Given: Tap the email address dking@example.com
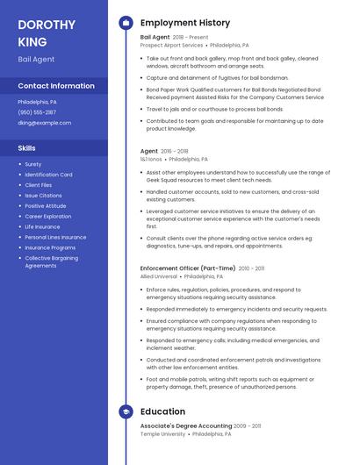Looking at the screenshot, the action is point(44,123).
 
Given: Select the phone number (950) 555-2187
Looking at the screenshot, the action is point(37,112).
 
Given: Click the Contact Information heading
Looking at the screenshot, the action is point(56,86).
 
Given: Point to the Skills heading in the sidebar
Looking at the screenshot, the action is point(27,148).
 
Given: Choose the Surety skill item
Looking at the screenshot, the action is point(33,164).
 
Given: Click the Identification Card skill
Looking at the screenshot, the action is point(48,175).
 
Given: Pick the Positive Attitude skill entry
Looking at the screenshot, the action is point(47,205).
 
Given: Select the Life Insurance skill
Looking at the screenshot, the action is point(42,226).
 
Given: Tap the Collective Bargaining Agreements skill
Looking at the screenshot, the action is point(53,261).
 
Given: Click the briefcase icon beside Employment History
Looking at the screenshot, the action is point(126,23).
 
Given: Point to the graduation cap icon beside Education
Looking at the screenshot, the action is point(126,411).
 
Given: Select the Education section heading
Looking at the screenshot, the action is point(162,411).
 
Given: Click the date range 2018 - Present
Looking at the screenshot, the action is point(191,38).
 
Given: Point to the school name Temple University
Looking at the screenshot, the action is point(162,433).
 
